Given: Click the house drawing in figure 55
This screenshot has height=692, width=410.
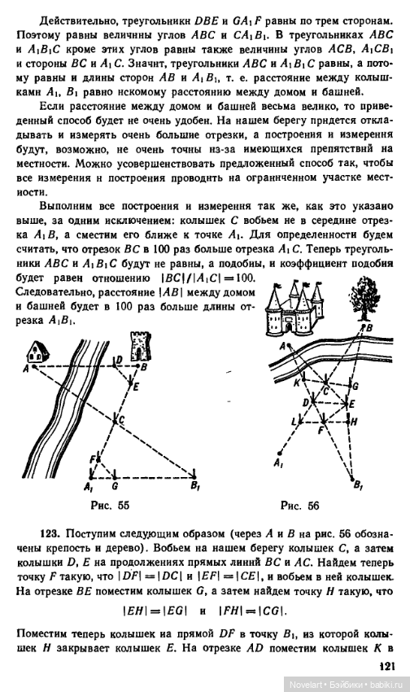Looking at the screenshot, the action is tap(37, 352).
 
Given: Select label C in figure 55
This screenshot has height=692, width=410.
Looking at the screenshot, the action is tap(122, 420).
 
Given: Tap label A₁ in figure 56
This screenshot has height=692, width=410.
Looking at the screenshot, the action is tap(278, 463).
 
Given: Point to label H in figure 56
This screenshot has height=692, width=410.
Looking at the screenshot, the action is tap(353, 422).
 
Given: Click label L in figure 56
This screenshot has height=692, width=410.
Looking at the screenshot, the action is tap(294, 421).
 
